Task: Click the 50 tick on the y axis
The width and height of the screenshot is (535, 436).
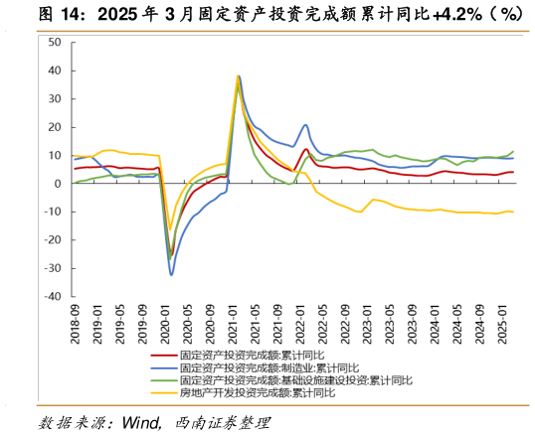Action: [x=55, y=43]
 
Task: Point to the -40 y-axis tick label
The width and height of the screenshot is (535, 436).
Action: [x=53, y=296]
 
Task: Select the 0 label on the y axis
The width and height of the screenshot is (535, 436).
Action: [x=58, y=184]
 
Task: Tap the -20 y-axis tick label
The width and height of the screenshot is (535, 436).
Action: [x=53, y=239]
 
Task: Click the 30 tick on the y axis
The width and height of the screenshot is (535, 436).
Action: [x=55, y=99]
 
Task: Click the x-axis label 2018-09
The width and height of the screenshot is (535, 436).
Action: [x=76, y=324]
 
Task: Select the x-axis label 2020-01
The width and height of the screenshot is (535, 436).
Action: [x=165, y=324]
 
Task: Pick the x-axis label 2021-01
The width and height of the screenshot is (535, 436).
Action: [x=232, y=324]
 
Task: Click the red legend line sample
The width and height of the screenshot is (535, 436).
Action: [x=163, y=355]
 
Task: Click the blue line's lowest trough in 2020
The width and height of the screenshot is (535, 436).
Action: [x=171, y=275]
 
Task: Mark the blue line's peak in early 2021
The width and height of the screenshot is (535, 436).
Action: [x=240, y=76]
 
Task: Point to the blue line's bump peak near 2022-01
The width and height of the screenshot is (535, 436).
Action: [x=305, y=125]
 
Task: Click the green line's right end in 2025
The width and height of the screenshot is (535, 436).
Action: [x=513, y=151]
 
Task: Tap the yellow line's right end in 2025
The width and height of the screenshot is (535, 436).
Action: [x=513, y=212]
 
